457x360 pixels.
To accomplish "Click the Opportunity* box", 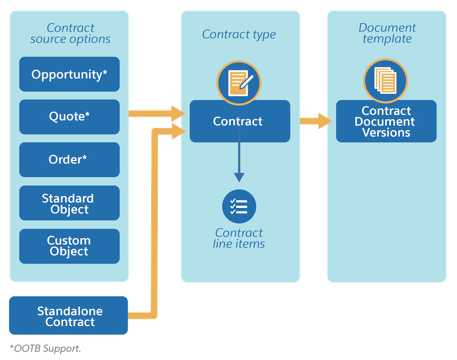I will click(x=69, y=74).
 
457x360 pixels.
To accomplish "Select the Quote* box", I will click(x=69, y=117).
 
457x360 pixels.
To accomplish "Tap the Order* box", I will click(x=69, y=160).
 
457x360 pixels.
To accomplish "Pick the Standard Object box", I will click(x=69, y=204).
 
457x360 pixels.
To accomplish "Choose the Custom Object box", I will click(x=69, y=246).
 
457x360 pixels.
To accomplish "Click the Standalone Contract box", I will click(x=69, y=316).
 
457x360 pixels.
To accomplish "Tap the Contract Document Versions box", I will click(x=386, y=122).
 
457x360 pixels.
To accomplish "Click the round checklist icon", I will click(x=239, y=206).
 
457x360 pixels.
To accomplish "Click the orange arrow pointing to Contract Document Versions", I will click(x=316, y=121).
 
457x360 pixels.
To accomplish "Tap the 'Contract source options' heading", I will click(x=70, y=34).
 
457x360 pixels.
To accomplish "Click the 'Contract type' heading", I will click(x=239, y=34).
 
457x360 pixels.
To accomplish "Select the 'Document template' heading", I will click(x=387, y=34).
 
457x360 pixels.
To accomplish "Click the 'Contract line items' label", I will click(x=239, y=238).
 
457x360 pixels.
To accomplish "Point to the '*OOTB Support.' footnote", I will click(x=45, y=349).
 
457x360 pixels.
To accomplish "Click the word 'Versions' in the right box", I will click(x=386, y=133).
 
